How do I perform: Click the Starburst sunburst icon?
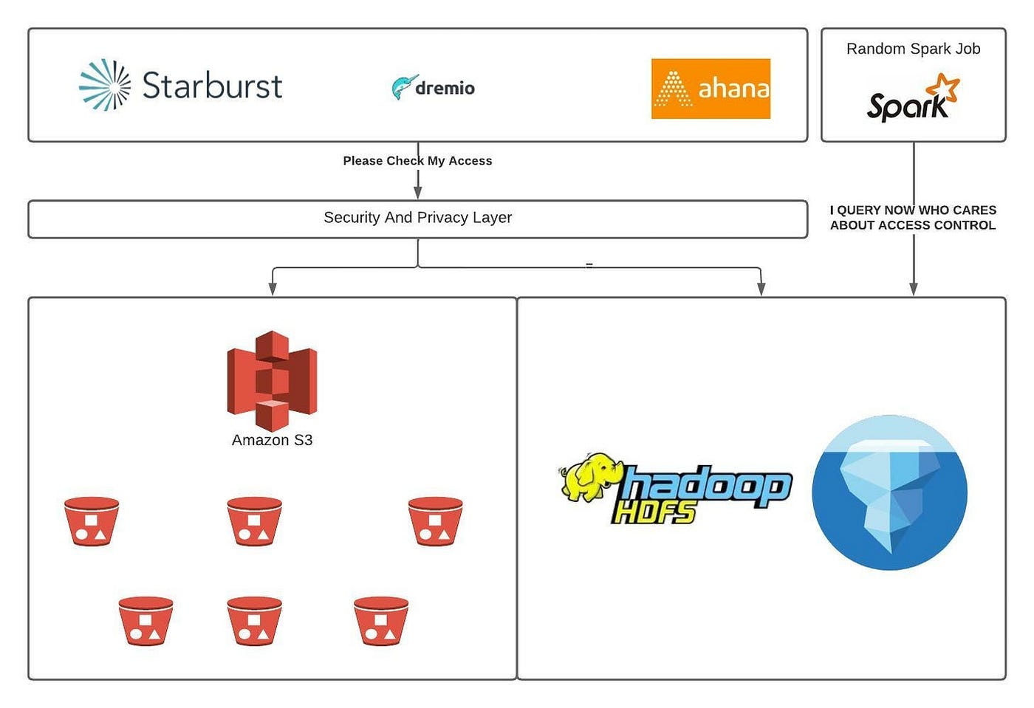coord(105,86)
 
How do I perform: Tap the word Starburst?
coord(212,86)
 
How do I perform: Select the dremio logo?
coord(434,87)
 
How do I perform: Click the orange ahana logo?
coord(711,89)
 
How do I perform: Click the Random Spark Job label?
coord(913,49)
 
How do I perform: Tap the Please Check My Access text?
coord(417,161)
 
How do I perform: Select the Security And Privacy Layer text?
coord(417,218)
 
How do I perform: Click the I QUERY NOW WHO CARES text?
coord(913,210)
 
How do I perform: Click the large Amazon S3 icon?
coord(272,379)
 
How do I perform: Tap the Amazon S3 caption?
coord(272,440)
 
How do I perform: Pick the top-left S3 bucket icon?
coord(92,521)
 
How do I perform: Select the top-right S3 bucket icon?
coord(435,521)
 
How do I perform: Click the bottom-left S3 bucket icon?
coord(145,621)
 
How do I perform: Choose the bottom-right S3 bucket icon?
coord(381,621)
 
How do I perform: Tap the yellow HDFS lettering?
coord(654,512)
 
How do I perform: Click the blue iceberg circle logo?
coord(889,492)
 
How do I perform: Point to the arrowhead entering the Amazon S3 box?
coord(273,290)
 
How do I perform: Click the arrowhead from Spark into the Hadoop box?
coord(914,290)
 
